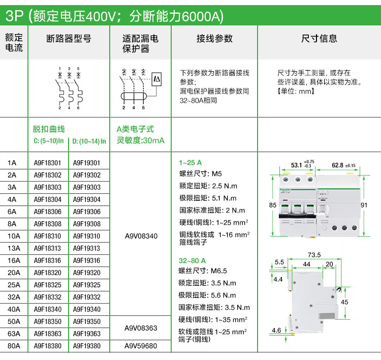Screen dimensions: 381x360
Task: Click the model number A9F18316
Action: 48,260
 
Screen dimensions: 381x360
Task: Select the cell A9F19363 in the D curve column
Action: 87,334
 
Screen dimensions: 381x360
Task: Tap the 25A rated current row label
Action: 14,285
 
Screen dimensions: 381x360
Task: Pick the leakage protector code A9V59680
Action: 141,346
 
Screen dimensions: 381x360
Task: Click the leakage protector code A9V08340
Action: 141,236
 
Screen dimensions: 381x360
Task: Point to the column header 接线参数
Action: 214,39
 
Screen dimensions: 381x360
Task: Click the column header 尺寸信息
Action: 319,39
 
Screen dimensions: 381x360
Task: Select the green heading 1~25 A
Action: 190,163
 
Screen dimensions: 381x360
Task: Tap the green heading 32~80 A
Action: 192,261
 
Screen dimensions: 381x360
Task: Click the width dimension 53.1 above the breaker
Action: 297,165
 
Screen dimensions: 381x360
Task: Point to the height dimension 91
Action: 364,205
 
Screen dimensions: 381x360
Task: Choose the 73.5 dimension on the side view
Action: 314,255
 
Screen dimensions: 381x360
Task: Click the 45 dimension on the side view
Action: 344,302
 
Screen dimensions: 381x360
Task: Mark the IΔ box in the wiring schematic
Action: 156,79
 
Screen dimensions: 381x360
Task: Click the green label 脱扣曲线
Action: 49,129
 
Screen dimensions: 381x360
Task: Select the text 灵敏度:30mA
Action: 141,140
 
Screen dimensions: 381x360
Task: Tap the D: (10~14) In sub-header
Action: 89,141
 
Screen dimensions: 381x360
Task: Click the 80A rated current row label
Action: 14,346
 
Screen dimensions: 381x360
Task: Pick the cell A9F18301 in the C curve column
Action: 47,163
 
